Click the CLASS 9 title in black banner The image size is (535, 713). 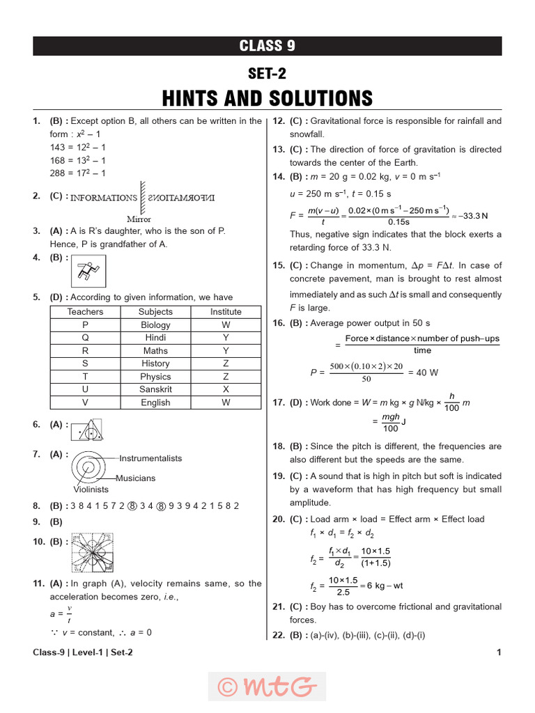tap(267, 46)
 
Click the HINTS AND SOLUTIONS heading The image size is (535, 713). tap(267, 97)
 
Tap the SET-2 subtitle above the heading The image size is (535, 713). tap(267, 74)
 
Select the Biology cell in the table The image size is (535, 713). tap(155, 325)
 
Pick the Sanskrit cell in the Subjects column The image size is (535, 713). tap(155, 389)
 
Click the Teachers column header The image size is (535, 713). tap(85, 312)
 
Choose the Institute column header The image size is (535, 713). tap(226, 312)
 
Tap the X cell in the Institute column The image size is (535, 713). tap(226, 389)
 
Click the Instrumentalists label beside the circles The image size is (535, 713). tap(150, 458)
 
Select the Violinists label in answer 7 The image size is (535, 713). tap(90, 489)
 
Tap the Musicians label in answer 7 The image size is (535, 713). tap(136, 478)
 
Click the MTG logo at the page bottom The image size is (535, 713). tap(267, 687)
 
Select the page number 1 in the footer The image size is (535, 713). tap(499, 652)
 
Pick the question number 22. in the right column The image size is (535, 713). tap(279, 635)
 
